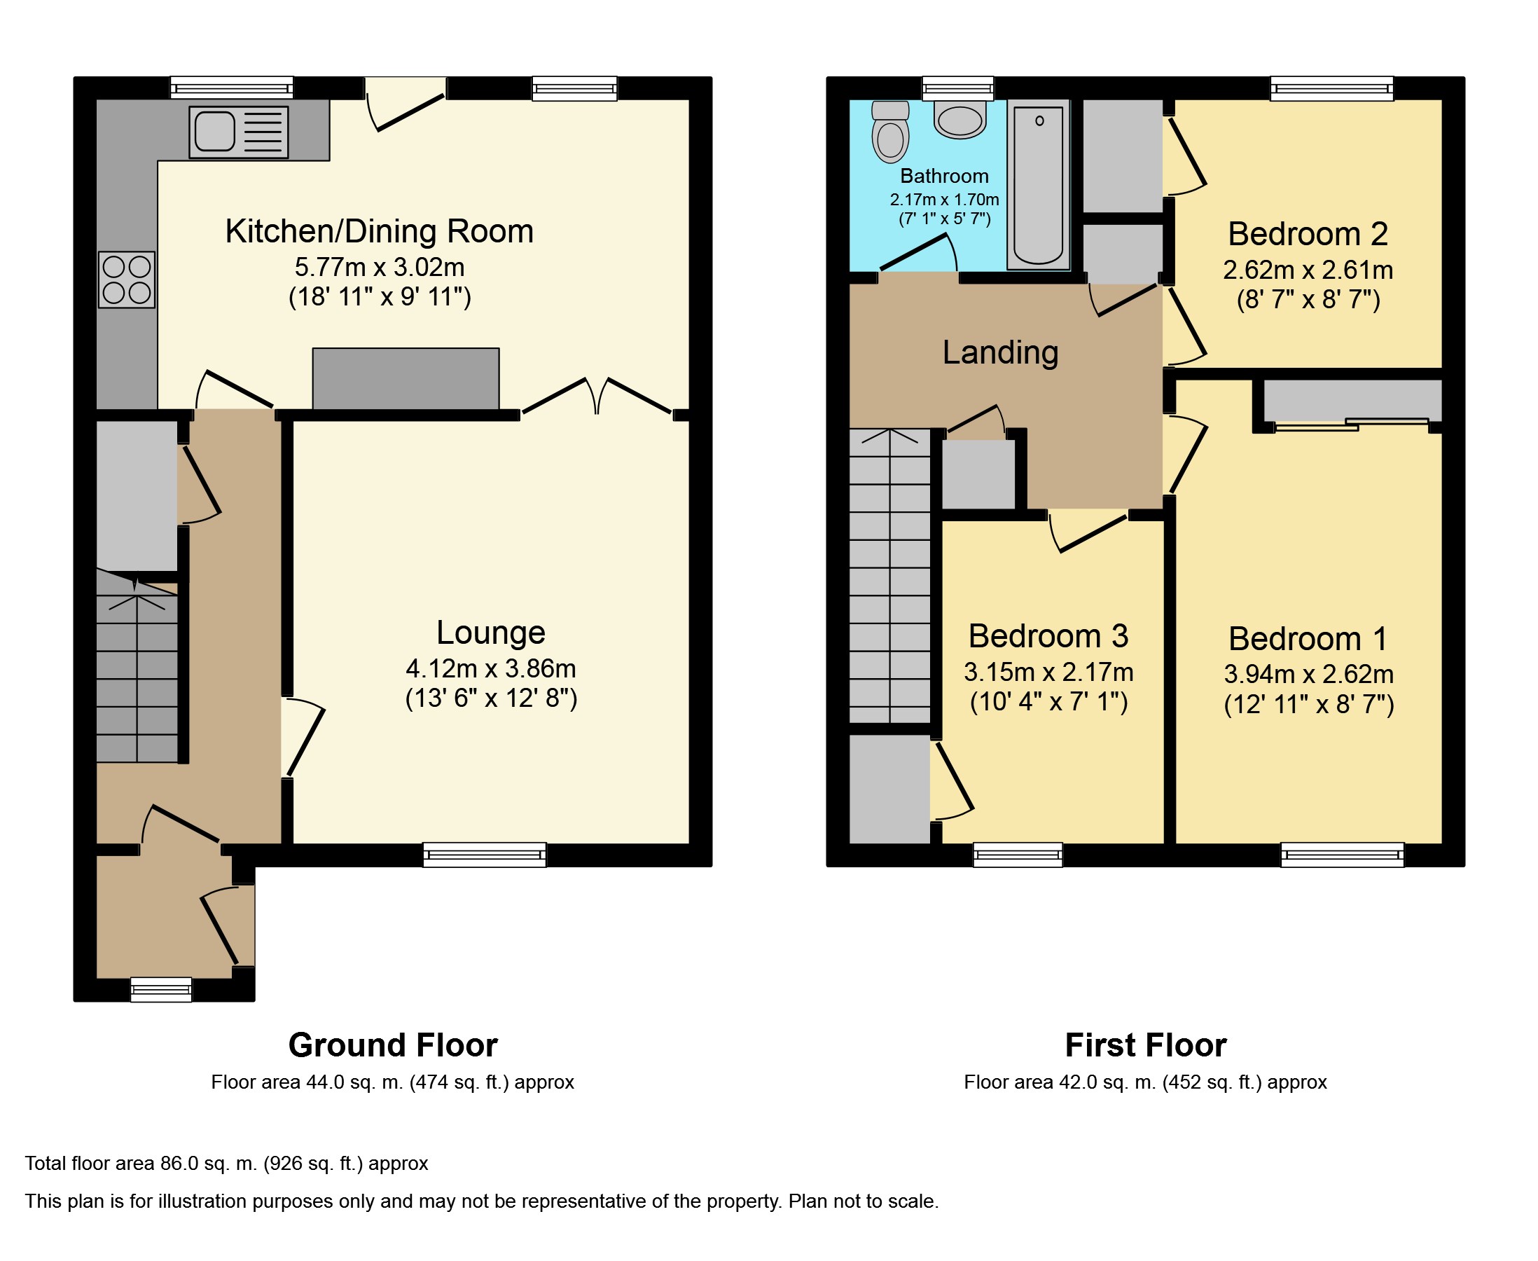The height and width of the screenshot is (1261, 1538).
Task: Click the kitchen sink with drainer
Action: (x=238, y=132)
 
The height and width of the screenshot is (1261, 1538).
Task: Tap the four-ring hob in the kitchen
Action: (x=127, y=280)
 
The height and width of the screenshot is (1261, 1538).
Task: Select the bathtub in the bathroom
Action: (x=1039, y=184)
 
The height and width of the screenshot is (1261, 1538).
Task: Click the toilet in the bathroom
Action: (x=890, y=132)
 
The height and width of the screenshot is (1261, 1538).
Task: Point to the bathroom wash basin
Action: (x=960, y=119)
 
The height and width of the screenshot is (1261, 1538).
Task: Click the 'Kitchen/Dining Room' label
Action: (x=379, y=232)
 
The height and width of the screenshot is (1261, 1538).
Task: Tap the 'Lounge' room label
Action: (x=491, y=633)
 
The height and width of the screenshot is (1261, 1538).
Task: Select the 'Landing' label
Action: (x=1001, y=353)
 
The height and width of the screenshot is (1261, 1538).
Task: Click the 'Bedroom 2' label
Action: (x=1308, y=234)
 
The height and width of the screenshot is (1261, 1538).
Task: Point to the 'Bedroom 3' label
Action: (x=1048, y=636)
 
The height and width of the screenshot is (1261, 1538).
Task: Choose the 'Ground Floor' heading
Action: (x=393, y=1045)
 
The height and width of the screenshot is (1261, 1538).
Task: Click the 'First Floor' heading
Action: (x=1146, y=1045)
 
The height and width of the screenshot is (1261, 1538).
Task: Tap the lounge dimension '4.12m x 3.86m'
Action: (x=491, y=668)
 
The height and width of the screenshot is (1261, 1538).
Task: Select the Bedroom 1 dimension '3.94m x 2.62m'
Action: (x=1308, y=674)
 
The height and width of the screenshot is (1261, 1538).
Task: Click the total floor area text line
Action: (x=226, y=1163)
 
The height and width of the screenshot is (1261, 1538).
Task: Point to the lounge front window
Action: (x=485, y=855)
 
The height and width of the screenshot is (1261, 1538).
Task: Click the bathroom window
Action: (x=959, y=88)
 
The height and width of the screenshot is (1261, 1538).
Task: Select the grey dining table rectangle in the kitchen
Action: (x=406, y=378)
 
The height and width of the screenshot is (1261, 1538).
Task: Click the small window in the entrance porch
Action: (x=161, y=989)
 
